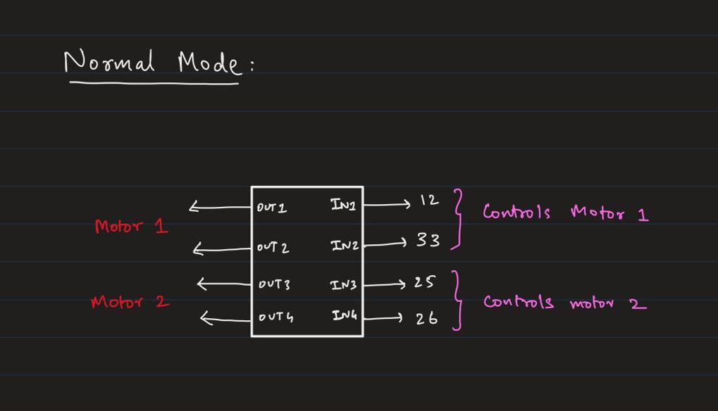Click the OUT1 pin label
[x=272, y=208]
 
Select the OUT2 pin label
[x=273, y=248]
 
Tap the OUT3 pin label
[x=273, y=284]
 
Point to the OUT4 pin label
[x=276, y=317]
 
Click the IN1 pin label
[x=343, y=205]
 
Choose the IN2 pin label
[x=345, y=246]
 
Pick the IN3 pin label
[x=344, y=285]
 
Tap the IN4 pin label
[x=345, y=316]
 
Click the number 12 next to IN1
[x=428, y=201]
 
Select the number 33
[x=427, y=241]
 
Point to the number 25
[x=423, y=282]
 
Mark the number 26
[x=426, y=318]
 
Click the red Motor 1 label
[x=132, y=227]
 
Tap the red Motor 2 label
[x=130, y=302]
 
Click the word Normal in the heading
[x=109, y=63]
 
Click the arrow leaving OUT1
[x=220, y=208]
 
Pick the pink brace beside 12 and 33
[x=459, y=219]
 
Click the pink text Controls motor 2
[x=564, y=303]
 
